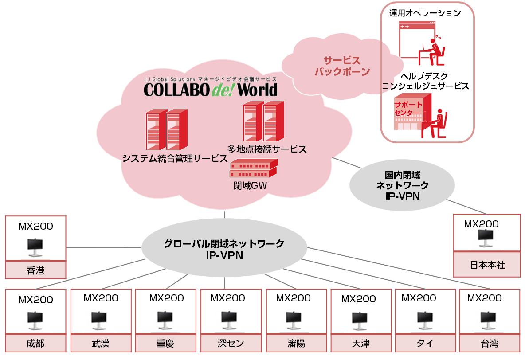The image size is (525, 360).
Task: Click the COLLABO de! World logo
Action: coord(211,89)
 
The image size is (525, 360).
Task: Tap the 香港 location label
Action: coord(35,270)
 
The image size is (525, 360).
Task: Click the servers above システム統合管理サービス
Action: coord(163,129)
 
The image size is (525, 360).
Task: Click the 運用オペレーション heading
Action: coord(425,13)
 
